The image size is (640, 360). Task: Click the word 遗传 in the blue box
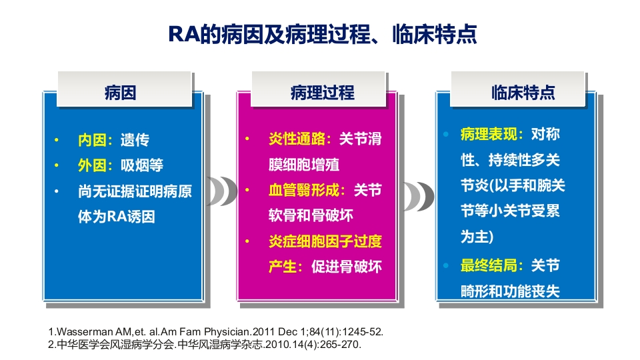pyautogui.click(x=135, y=141)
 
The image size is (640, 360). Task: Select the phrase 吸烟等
pyautogui.click(x=142, y=165)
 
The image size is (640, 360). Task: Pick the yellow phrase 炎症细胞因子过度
pyautogui.click(x=325, y=241)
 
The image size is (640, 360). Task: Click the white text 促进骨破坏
pyautogui.click(x=347, y=267)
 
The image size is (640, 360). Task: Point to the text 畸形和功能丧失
pyautogui.click(x=510, y=291)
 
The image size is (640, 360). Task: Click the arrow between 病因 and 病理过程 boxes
pyautogui.click(x=221, y=191)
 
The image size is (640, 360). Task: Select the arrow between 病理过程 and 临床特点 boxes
pyautogui.click(x=419, y=197)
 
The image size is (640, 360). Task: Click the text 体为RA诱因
pyautogui.click(x=116, y=217)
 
